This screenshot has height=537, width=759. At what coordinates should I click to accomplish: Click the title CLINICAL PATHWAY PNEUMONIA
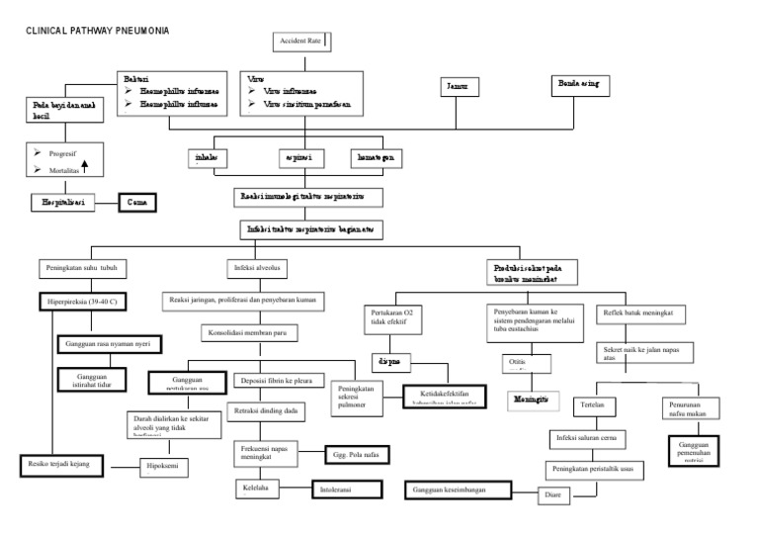point(98,31)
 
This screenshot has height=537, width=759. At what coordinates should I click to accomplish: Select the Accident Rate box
point(301,42)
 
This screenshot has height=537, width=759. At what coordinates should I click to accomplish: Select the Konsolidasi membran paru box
point(257,333)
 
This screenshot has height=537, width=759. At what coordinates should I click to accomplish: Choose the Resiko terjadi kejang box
point(59,463)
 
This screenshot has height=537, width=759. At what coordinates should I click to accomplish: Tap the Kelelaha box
point(264,488)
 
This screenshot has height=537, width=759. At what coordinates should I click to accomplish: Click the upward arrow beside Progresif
point(86,166)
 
